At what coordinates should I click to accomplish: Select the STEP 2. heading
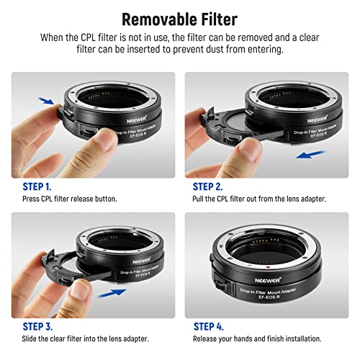pos(210,184)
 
